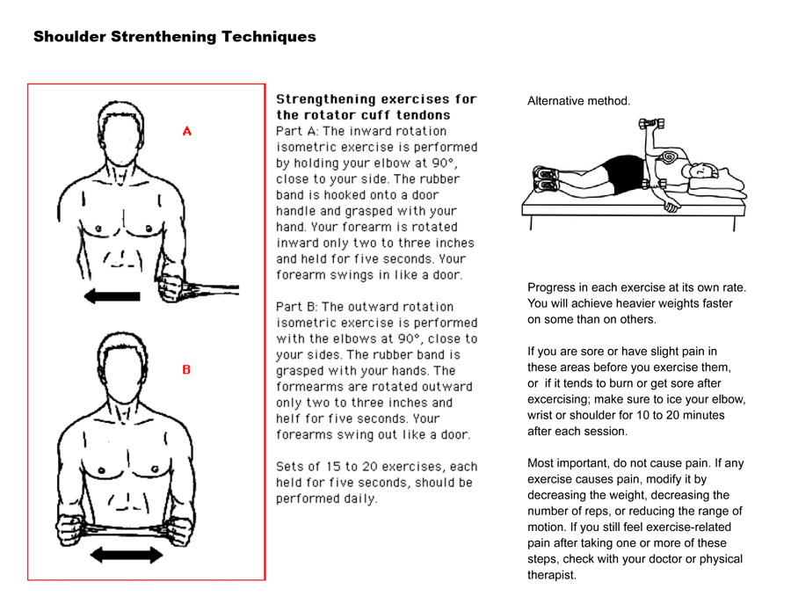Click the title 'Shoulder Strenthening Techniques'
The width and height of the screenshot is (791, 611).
tap(174, 37)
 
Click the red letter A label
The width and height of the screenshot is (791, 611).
tap(186, 131)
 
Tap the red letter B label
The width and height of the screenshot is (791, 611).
tap(186, 370)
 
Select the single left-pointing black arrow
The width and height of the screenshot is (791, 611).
tap(112, 296)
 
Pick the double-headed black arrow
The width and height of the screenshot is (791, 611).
tap(127, 554)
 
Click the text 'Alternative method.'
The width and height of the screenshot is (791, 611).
tap(578, 101)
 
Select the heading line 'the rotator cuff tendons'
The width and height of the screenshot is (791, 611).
tap(363, 115)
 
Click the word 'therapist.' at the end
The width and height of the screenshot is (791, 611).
tap(552, 575)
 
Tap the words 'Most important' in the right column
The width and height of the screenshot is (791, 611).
tap(568, 462)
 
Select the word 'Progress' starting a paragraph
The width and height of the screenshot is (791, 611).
tap(551, 287)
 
